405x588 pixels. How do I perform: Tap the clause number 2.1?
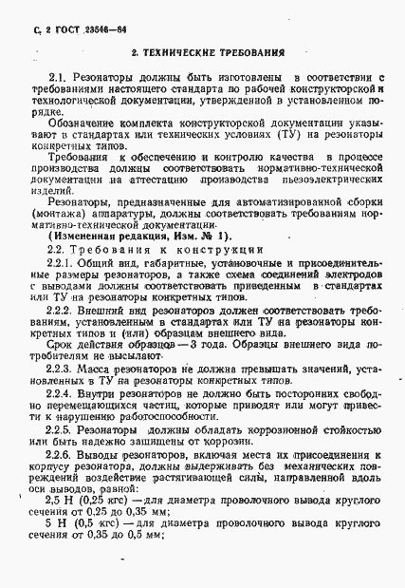[58, 73]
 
